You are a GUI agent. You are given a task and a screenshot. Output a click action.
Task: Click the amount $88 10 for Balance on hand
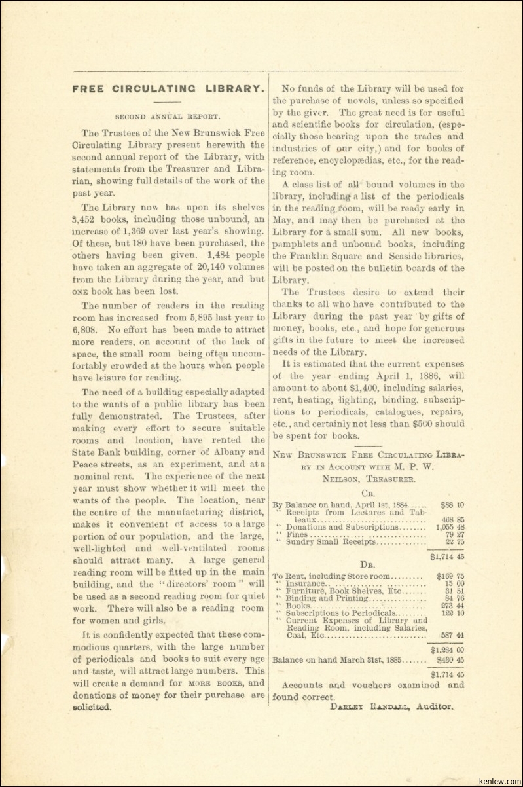point(452,505)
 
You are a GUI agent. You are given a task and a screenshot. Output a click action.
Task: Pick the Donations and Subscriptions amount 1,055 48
point(450,527)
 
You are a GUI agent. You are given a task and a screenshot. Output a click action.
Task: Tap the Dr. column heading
point(368,563)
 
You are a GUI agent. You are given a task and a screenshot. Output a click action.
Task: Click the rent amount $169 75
point(450,576)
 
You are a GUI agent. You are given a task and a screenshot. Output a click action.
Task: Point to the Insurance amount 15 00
point(453,583)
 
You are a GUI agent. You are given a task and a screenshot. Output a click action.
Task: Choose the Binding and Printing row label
point(327,598)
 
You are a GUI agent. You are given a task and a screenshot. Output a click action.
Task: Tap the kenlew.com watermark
point(501,781)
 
